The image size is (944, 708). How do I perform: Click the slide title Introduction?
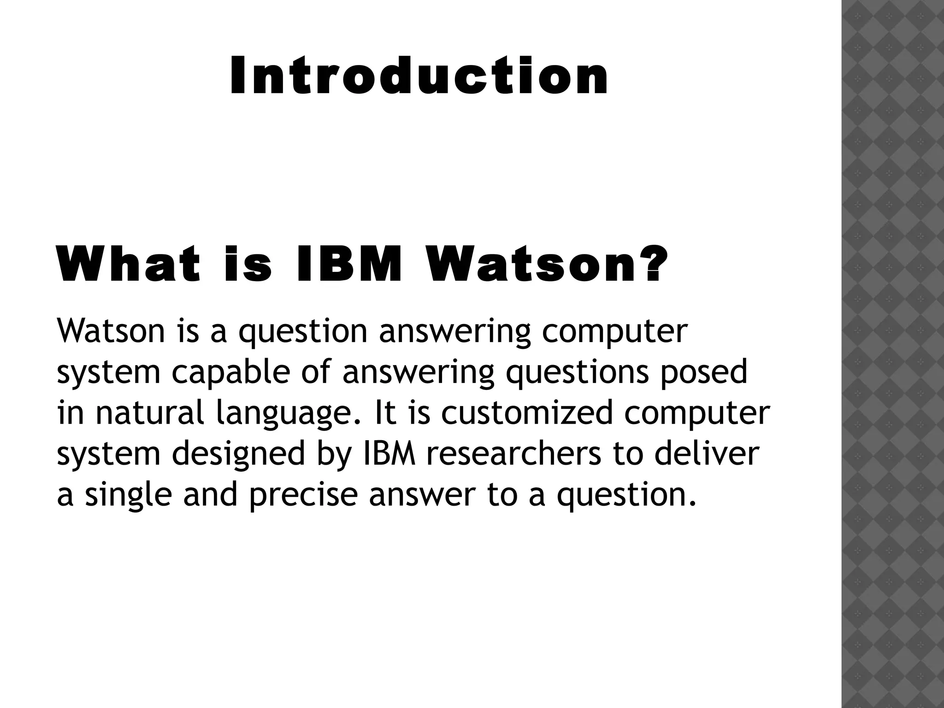(419, 75)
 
